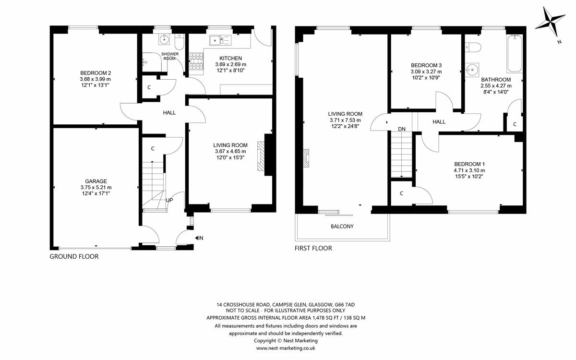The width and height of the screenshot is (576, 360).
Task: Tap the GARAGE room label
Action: [96, 181]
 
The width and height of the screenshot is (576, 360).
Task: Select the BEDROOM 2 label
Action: [96, 73]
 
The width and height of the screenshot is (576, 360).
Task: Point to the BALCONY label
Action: [342, 226]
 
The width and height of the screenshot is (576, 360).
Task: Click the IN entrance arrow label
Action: [199, 238]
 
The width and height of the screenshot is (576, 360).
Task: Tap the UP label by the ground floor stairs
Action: [169, 200]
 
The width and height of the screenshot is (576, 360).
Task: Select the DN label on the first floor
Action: [401, 129]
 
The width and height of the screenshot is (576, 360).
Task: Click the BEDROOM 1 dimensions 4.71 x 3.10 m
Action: [469, 170]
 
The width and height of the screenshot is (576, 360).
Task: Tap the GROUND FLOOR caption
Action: [74, 257]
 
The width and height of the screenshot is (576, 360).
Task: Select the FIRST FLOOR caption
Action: [313, 248]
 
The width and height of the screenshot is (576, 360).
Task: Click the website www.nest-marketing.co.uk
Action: [286, 348]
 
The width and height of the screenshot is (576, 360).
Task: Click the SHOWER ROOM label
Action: [170, 56]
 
